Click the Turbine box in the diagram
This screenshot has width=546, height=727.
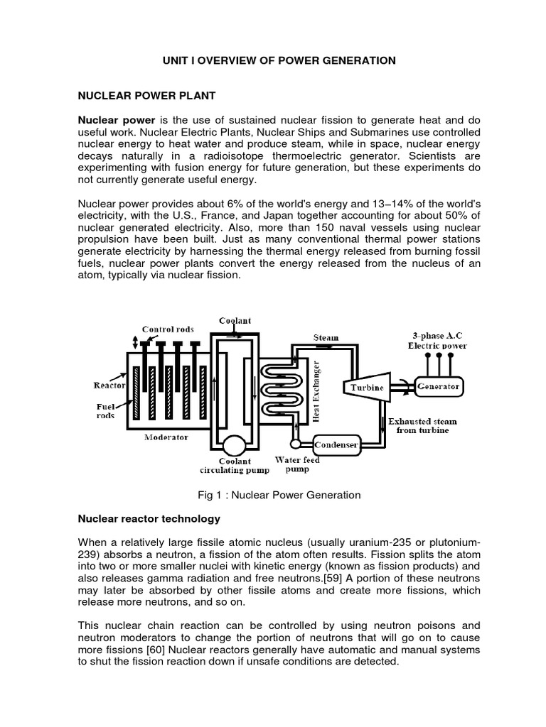tap(366, 387)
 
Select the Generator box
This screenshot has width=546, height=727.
tap(438, 387)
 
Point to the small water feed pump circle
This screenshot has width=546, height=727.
tap(295, 445)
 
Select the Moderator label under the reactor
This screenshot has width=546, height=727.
tap(166, 437)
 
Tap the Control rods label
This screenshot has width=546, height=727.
tap(167, 329)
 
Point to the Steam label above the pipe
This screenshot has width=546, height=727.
tap(326, 337)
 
